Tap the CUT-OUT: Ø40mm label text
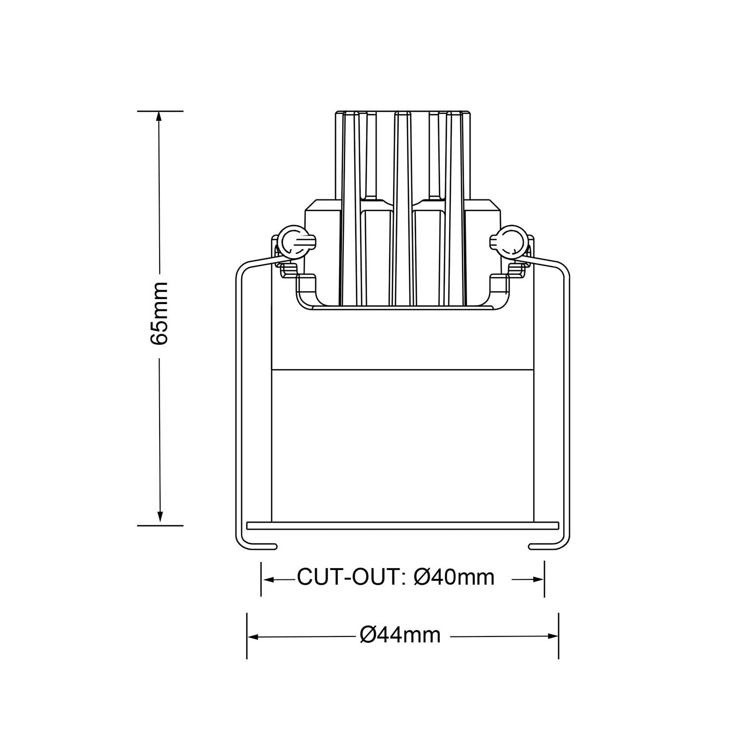tap(396, 577)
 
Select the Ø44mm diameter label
tap(401, 635)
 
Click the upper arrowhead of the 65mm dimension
tap(159, 118)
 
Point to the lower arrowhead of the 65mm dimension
tap(160, 518)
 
